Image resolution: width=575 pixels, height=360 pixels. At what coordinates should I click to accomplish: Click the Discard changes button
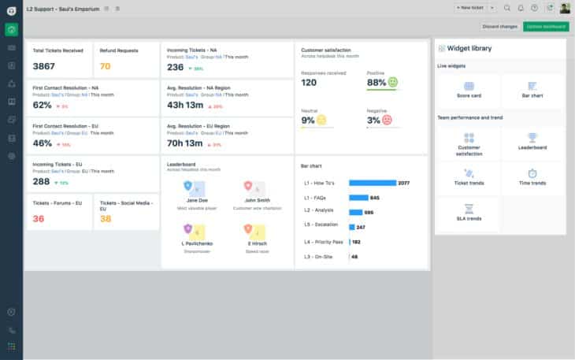499,27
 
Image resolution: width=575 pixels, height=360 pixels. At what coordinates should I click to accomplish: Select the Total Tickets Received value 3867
44,66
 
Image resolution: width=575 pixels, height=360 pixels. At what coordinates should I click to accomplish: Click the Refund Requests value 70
106,66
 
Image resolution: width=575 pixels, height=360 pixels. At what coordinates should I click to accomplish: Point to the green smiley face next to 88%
393,82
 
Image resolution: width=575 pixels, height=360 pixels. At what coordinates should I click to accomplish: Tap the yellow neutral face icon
322,120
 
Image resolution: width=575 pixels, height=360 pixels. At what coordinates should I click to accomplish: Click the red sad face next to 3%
387,120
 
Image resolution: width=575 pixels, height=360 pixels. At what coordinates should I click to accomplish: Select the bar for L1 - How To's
372,183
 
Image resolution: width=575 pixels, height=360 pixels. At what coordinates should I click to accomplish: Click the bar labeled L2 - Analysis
356,212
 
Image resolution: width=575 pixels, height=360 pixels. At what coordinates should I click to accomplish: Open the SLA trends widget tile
469,213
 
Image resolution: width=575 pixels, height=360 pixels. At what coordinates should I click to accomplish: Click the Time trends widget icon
532,176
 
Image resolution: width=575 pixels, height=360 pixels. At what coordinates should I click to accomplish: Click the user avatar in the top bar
565,8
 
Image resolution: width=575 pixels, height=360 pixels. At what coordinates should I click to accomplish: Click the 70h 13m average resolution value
186,143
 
